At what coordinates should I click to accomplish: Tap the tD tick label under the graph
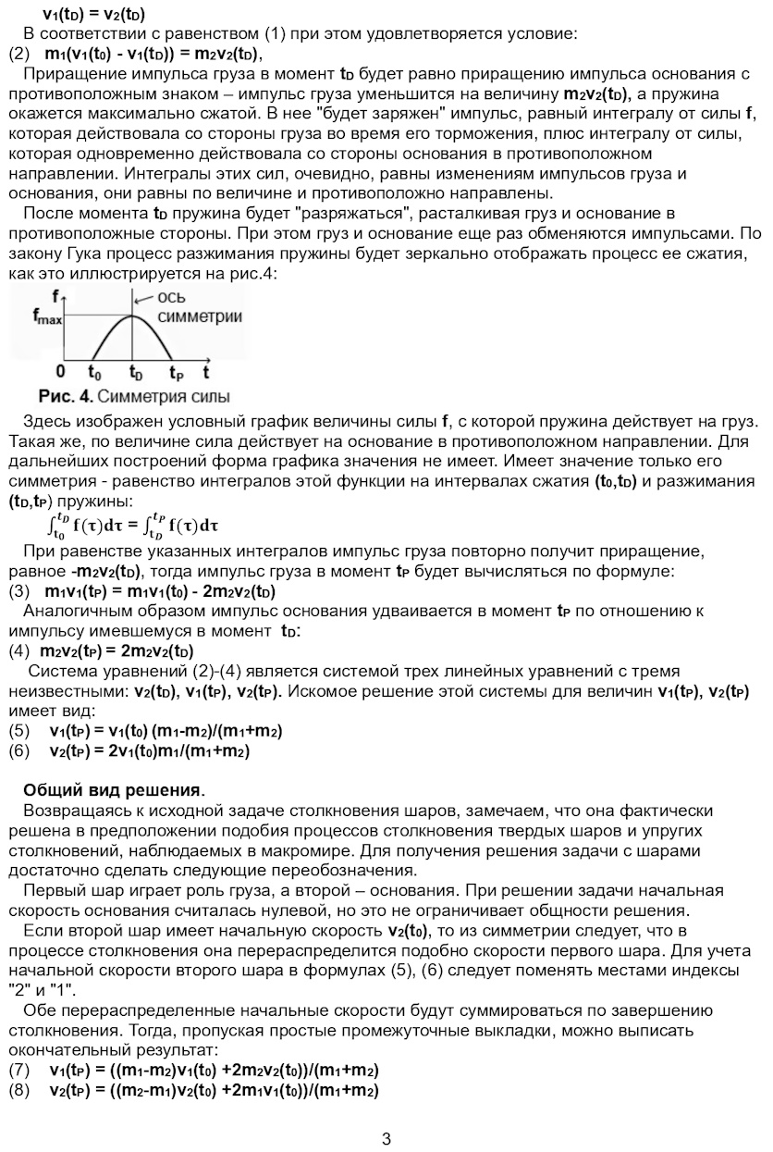(x=135, y=373)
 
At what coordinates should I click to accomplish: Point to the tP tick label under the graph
(x=176, y=373)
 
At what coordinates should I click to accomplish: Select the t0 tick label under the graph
(x=94, y=373)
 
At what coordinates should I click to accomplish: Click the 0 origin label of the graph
(x=61, y=372)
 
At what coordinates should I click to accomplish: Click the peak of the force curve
(x=134, y=316)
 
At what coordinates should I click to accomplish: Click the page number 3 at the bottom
(x=386, y=1138)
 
